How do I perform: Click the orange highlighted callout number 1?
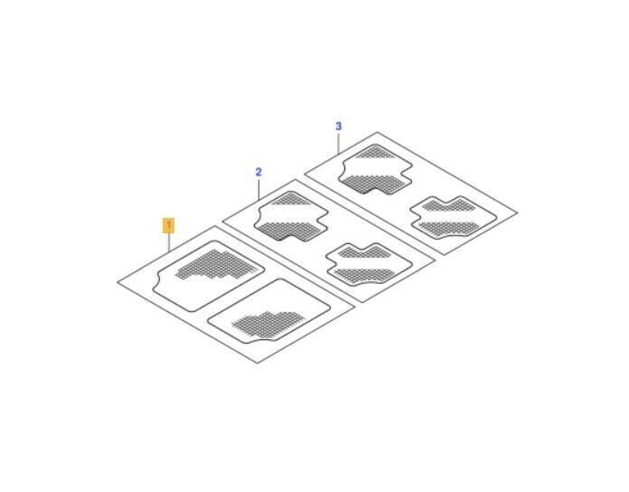[x=168, y=225]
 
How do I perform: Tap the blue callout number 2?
[x=258, y=172]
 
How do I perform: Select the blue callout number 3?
[x=339, y=127]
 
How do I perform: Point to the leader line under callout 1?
[x=169, y=242]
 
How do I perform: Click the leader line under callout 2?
[x=259, y=189]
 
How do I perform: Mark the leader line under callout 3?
[x=339, y=143]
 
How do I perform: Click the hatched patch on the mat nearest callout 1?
[x=214, y=264]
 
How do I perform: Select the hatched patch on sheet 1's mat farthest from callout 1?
[x=268, y=324]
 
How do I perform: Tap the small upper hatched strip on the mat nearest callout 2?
[x=291, y=200]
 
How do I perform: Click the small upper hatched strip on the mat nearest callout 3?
[x=374, y=153]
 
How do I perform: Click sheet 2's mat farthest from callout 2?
[x=369, y=264]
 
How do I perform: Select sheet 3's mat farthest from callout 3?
[x=454, y=217]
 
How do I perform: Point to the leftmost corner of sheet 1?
[x=117, y=282]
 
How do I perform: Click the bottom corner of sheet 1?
[x=258, y=364]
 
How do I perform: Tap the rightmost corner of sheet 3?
[x=518, y=213]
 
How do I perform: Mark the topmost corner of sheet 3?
[x=377, y=132]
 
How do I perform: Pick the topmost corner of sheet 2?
[x=296, y=179]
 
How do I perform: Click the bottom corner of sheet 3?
[x=444, y=254]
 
